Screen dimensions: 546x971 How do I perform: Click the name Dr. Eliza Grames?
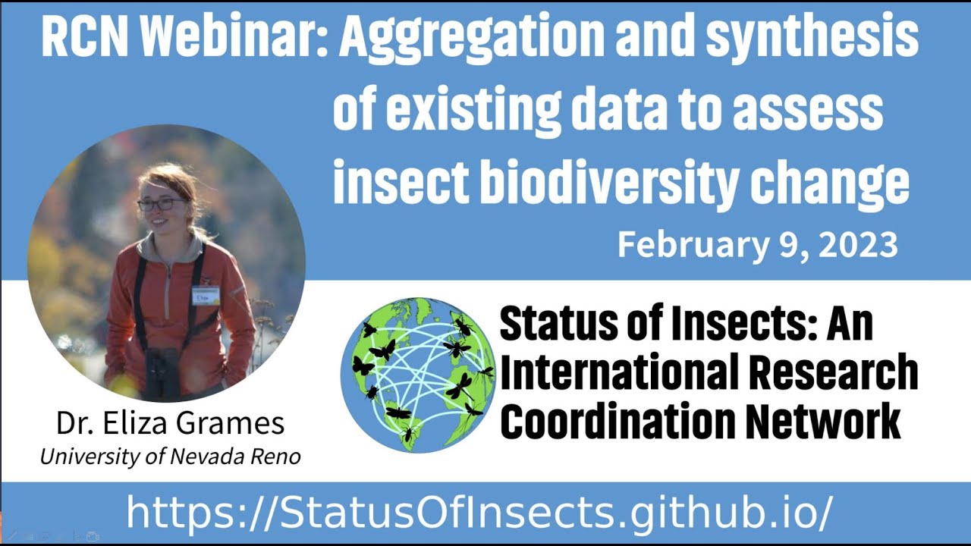170,423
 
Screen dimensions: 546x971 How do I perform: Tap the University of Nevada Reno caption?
170,457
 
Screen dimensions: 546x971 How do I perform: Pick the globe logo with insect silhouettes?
417,375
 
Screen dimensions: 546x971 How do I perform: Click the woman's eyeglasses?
161,204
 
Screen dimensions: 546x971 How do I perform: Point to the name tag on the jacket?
206,295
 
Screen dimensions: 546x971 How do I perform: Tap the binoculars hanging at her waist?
163,372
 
